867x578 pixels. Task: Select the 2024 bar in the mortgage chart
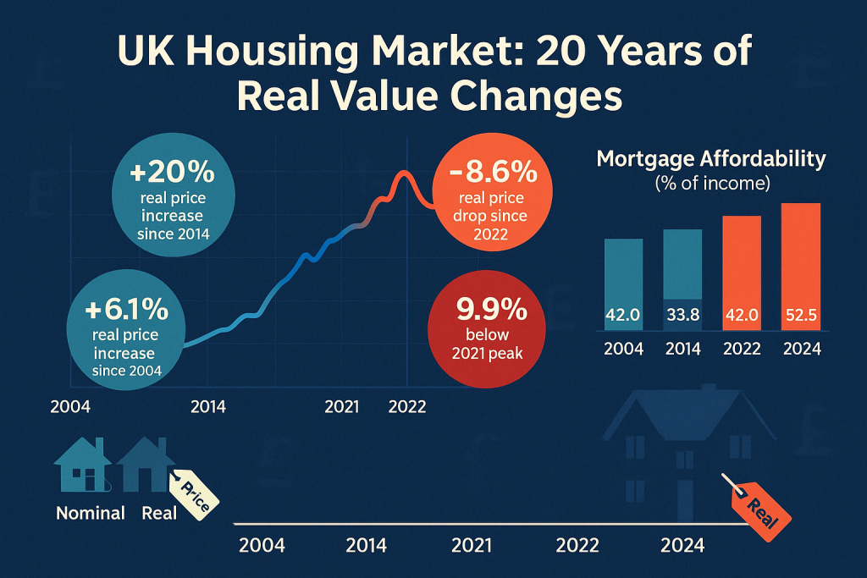pos(800,267)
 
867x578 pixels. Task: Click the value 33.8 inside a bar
pos(682,316)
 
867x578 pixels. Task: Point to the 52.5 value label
pos(800,316)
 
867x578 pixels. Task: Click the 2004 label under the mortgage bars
pos(624,348)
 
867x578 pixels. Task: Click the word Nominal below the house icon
pos(90,513)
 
